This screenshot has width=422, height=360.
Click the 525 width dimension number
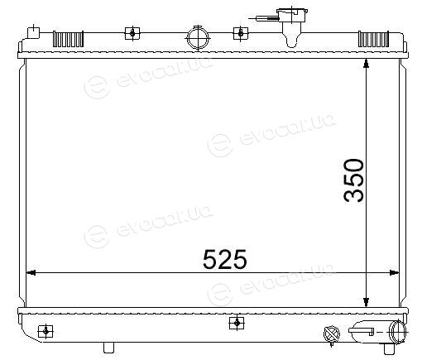tap(224, 259)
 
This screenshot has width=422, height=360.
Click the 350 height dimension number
tap(354, 180)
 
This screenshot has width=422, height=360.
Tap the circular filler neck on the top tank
tap(198, 37)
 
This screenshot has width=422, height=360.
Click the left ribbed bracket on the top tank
tap(68, 39)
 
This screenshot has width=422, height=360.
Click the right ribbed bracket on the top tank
tap(373, 39)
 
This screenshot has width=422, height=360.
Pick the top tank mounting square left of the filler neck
tap(132, 33)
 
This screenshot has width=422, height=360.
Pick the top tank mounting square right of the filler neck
tap(241, 33)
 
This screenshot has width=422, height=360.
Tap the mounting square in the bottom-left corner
tap(46, 331)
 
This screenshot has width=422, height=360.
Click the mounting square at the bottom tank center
tap(237, 323)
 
